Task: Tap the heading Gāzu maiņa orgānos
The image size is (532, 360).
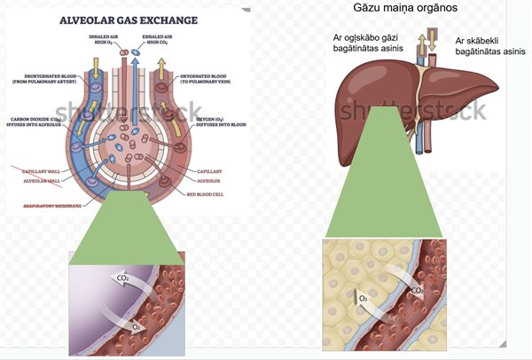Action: click(x=412, y=9)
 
